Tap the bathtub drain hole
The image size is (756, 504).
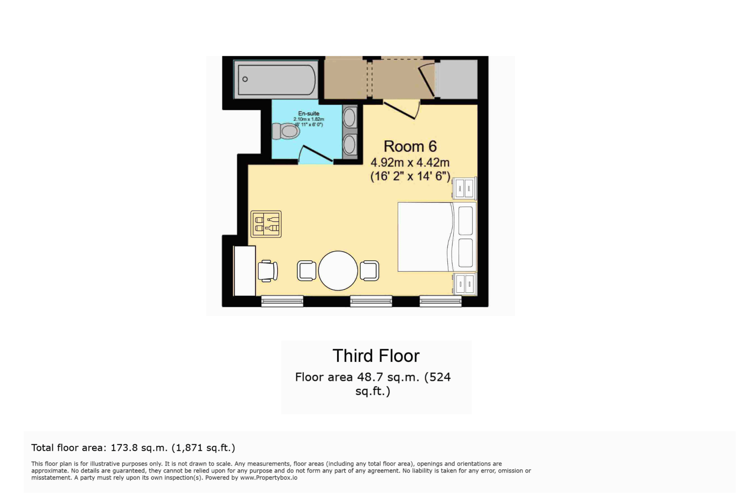click(245, 79)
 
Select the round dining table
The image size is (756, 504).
click(338, 271)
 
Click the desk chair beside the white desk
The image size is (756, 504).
click(268, 271)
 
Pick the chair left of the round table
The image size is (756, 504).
click(307, 271)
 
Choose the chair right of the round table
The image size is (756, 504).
click(370, 271)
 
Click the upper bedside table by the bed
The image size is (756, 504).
click(465, 189)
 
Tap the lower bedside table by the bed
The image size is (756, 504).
click(465, 284)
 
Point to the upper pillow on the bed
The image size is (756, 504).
click(465, 220)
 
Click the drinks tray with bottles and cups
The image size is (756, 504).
click(266, 224)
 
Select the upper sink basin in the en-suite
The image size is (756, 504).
click(349, 118)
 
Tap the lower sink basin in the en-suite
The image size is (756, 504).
click(349, 145)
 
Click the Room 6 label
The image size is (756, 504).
click(410, 147)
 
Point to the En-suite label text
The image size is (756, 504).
click(309, 113)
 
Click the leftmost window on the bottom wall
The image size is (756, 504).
click(282, 301)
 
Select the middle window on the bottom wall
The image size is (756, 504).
click(371, 301)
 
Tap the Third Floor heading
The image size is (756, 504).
click(376, 356)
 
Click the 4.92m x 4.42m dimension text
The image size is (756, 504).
click(410, 162)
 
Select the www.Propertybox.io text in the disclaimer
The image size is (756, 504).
click(268, 478)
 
